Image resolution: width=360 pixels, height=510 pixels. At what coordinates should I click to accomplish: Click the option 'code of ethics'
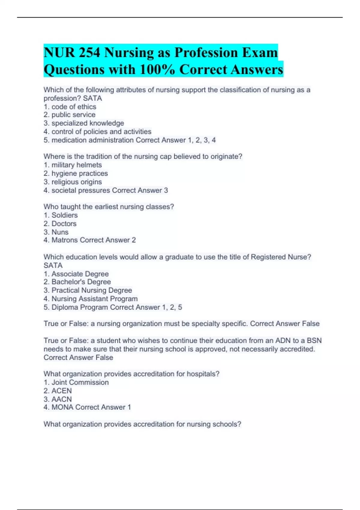74,107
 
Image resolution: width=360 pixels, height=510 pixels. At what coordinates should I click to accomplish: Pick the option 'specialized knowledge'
88,123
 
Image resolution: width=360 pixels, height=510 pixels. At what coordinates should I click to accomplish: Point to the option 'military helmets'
76,165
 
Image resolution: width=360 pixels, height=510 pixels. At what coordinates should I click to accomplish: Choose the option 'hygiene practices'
79,173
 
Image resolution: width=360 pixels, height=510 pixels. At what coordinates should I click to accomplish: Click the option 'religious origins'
76,182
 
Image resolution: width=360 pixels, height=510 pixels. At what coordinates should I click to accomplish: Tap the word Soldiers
64,215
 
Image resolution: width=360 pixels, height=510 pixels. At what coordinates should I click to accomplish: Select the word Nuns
60,232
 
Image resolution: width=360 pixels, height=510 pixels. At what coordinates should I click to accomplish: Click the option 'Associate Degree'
80,274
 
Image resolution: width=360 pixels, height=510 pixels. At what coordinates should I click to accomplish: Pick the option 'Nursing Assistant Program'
94,299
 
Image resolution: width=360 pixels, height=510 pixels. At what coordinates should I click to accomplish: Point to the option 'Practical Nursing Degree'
91,290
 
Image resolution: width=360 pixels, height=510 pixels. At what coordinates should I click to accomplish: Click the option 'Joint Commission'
80,382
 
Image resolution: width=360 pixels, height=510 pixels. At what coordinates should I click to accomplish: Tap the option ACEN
61,391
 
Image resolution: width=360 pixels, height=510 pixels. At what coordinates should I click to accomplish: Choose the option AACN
61,399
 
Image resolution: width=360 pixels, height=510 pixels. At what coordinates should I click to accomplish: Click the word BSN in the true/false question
314,341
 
